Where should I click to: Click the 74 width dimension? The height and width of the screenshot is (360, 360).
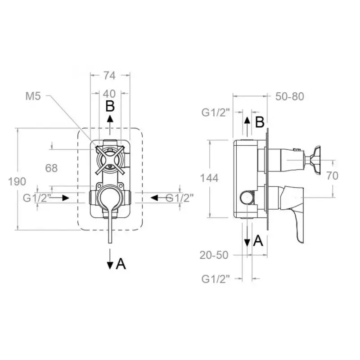pyautogui.click(x=109, y=75)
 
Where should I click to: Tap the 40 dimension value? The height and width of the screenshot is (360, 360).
pyautogui.click(x=109, y=94)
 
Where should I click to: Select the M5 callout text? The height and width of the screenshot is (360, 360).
pyautogui.click(x=33, y=96)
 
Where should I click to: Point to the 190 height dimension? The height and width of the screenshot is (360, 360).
pyautogui.click(x=17, y=182)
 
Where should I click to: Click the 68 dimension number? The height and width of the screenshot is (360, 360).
pyautogui.click(x=51, y=168)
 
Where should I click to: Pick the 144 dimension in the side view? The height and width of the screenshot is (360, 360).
pyautogui.click(x=209, y=178)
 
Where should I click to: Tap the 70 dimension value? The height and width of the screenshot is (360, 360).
pyautogui.click(x=332, y=176)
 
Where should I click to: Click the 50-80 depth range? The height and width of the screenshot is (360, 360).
pyautogui.click(x=290, y=96)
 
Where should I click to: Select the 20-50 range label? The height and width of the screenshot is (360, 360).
pyautogui.click(x=214, y=255)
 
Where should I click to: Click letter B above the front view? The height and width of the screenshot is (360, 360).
pyautogui.click(x=110, y=107)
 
